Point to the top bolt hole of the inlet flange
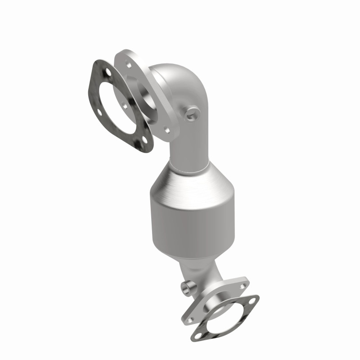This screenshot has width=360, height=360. [x=129, y=65]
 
